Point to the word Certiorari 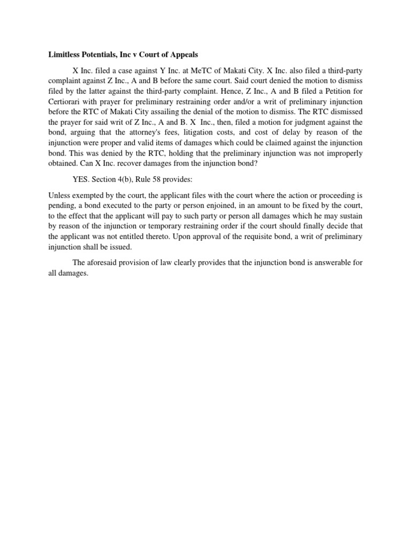click(x=66, y=102)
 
